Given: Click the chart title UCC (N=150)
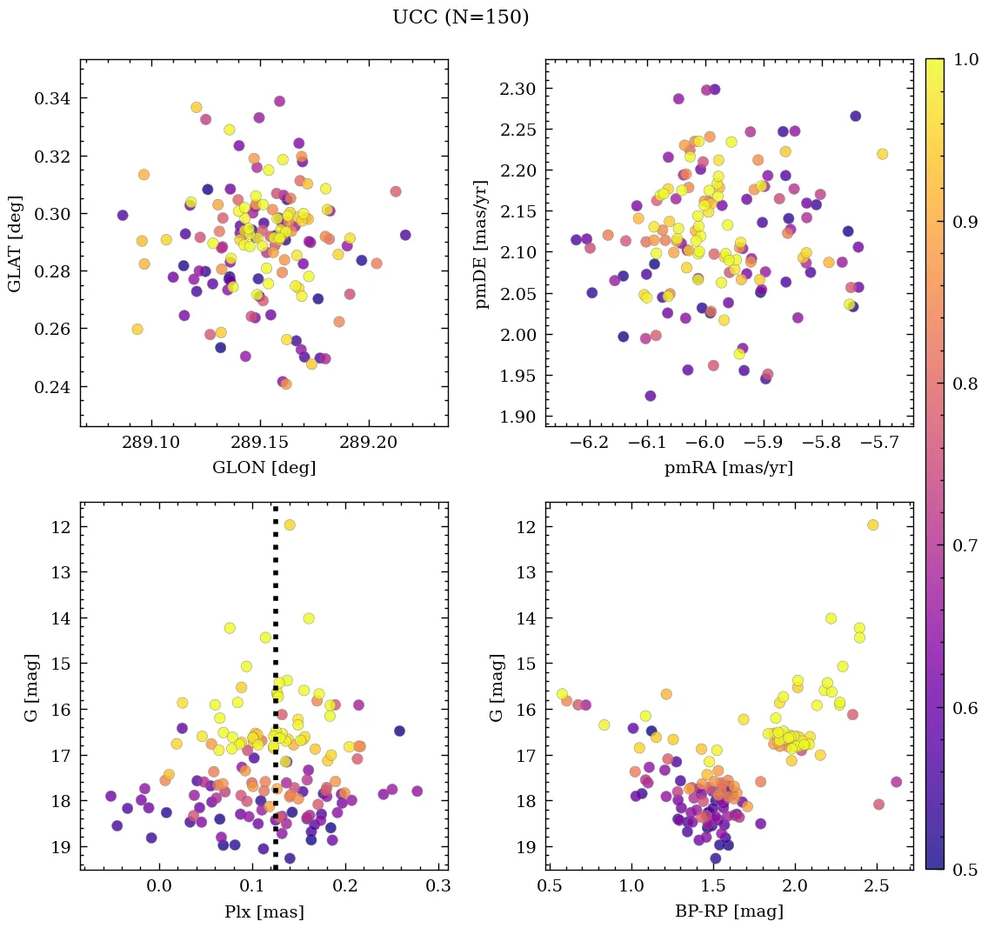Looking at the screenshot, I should (460, 17).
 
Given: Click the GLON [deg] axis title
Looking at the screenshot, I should (264, 468).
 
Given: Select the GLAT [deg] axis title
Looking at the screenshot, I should (15, 243).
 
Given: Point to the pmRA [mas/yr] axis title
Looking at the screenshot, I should (729, 468).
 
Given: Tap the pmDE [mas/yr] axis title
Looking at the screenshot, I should (481, 244).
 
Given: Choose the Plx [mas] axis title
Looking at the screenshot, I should (264, 911).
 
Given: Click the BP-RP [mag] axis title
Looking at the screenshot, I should (729, 911).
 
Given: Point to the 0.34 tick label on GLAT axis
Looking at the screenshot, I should (51, 98).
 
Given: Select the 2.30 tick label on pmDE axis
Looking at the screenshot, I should (517, 89).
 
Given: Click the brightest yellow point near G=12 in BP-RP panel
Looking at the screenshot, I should (872, 524).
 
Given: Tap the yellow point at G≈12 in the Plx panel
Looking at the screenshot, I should (290, 524).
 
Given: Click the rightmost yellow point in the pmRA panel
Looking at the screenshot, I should (882, 154).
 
